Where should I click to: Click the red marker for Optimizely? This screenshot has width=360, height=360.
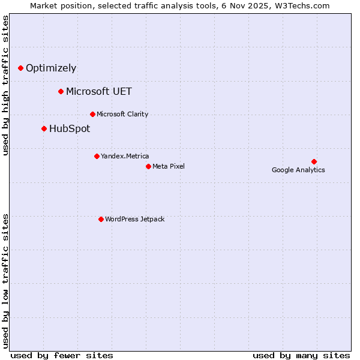(20, 68)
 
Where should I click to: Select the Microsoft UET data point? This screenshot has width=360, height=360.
(61, 91)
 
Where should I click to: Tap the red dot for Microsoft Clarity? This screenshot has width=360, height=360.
(92, 114)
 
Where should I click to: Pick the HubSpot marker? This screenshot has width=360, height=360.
(44, 128)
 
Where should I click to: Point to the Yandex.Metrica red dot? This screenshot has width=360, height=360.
(97, 156)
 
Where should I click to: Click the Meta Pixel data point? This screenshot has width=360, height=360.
(148, 166)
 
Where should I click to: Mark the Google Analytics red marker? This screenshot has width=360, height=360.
(314, 161)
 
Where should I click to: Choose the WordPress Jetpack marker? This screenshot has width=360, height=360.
(101, 219)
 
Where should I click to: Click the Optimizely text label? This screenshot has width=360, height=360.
(51, 68)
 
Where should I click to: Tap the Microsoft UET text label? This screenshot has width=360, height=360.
(99, 91)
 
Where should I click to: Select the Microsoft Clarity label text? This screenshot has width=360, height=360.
(122, 114)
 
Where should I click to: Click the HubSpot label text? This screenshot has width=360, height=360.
(70, 128)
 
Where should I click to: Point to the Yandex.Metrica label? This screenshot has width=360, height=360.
(125, 156)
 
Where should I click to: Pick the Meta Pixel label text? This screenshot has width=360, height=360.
(169, 166)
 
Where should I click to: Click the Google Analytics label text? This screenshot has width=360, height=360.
(298, 170)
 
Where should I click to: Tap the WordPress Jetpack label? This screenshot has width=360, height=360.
(134, 219)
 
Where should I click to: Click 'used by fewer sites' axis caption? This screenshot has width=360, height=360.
(62, 355)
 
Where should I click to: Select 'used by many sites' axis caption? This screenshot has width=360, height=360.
(301, 355)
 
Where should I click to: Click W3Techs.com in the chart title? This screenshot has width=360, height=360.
(305, 6)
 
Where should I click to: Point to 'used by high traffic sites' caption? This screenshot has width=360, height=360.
(6, 85)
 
